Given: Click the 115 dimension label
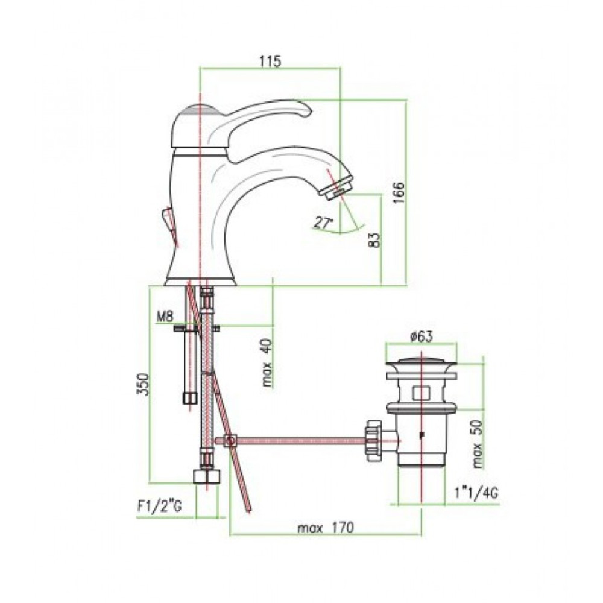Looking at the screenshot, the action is click(270, 61).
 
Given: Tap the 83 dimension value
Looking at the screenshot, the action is click(375, 240).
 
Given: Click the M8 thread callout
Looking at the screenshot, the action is click(165, 317).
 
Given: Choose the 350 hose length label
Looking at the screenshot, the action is click(142, 384).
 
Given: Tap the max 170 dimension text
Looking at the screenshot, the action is click(326, 528).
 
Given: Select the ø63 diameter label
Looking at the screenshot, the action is click(421, 336).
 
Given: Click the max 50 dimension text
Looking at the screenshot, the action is click(477, 443).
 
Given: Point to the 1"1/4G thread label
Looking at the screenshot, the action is click(476, 493).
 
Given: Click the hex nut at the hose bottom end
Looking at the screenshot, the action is click(207, 476).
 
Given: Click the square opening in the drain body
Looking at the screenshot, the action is click(421, 393).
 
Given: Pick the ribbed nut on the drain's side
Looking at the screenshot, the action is click(373, 440).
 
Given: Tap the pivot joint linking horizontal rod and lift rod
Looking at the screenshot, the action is click(230, 441).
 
